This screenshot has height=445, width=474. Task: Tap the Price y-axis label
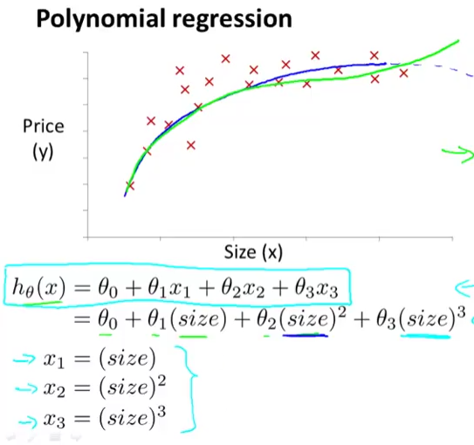(43, 127)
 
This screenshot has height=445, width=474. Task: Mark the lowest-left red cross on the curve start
(130, 185)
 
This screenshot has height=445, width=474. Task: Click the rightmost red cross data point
(403, 72)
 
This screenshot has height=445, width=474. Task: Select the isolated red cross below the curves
(191, 145)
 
